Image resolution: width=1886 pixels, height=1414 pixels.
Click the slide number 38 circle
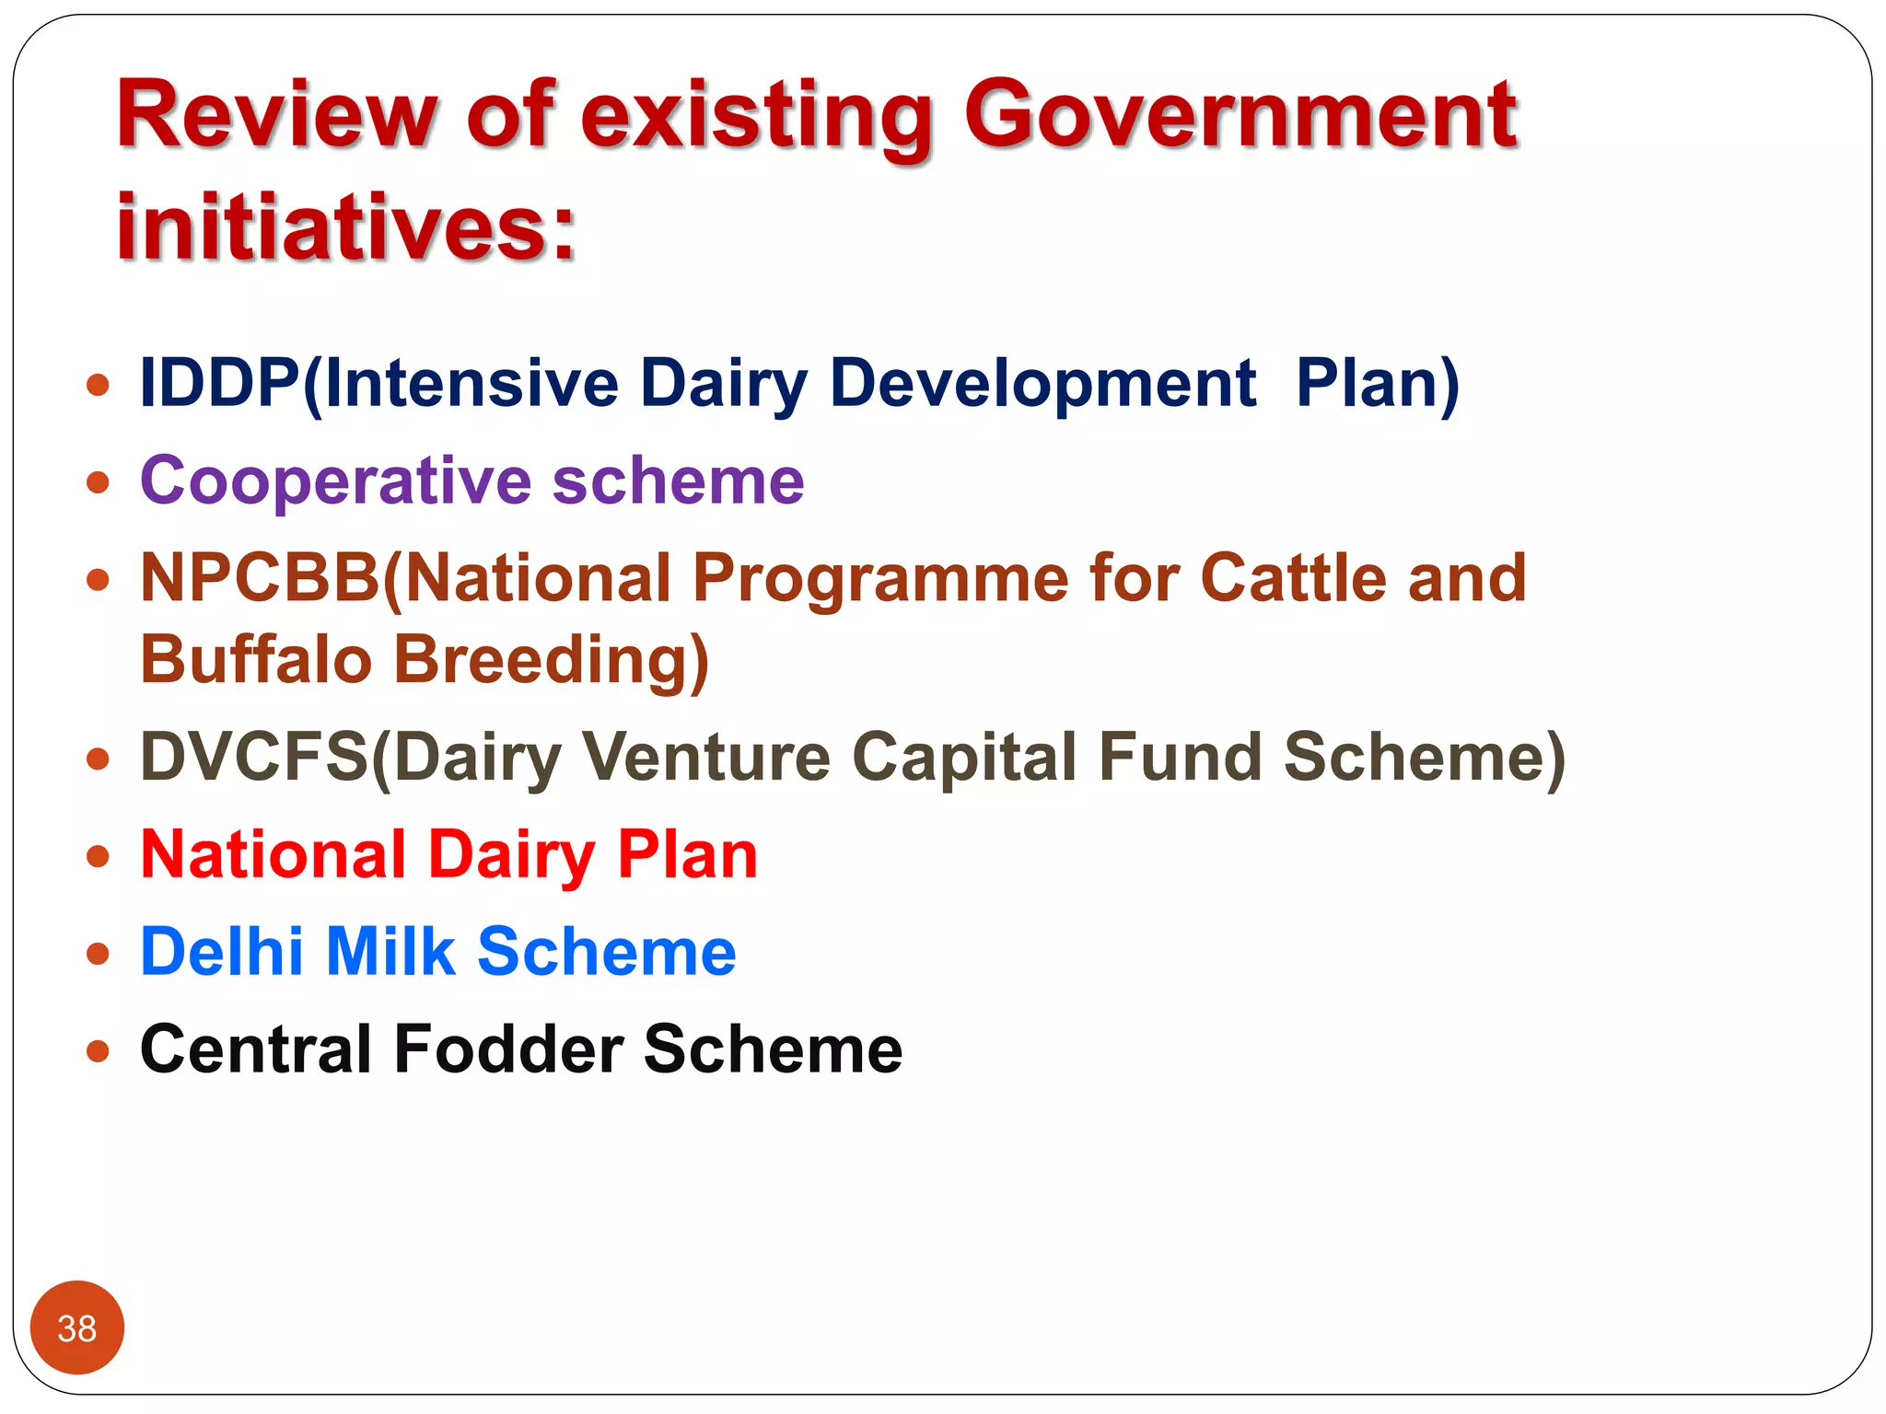point(77,1327)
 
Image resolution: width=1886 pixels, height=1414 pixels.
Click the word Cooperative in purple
point(335,481)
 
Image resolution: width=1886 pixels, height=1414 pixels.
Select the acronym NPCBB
point(260,578)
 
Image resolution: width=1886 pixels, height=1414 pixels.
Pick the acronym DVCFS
point(253,757)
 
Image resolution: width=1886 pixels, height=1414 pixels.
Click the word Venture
point(706,757)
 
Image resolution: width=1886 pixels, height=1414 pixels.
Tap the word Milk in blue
point(390,951)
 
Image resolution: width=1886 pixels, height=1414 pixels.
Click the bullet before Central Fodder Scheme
point(98,1050)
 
